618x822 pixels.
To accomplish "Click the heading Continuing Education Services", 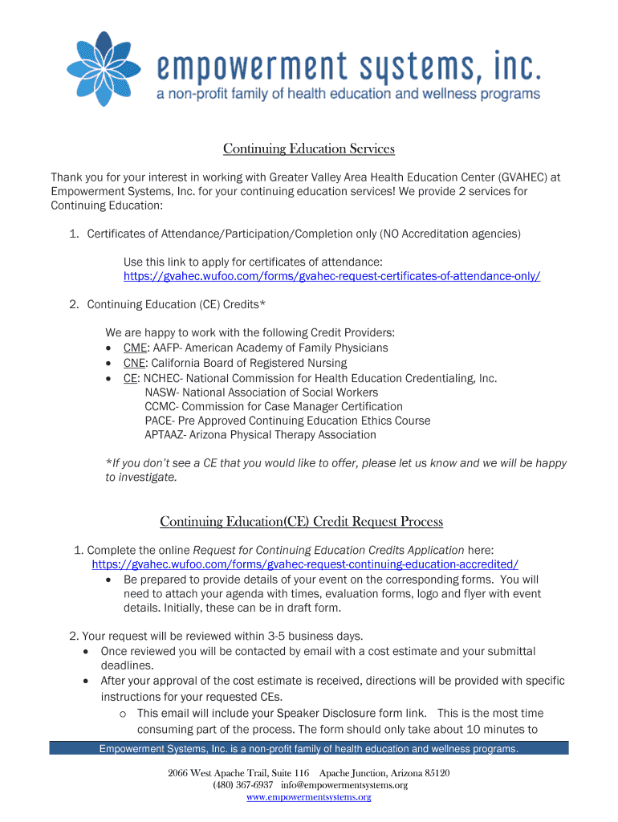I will point(309,149).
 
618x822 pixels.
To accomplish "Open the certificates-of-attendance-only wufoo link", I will point(331,276).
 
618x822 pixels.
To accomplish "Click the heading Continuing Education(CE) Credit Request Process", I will point(302,522).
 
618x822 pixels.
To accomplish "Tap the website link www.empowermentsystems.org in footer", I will point(309,797).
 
